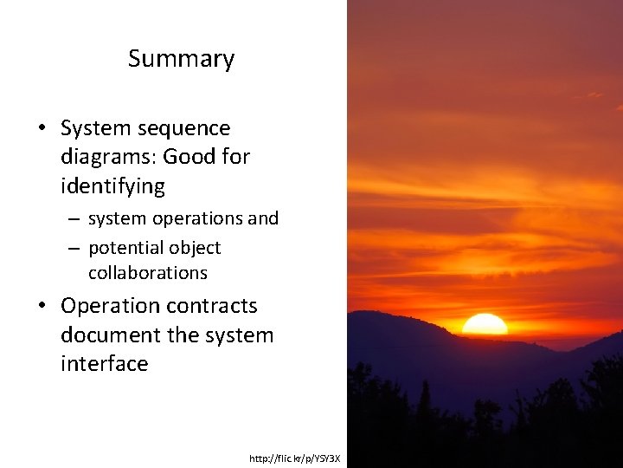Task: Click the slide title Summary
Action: [181, 59]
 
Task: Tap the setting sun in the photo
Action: [485, 325]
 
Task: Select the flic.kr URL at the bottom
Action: [295, 458]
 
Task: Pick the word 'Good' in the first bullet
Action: [189, 157]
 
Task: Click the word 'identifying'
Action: [112, 185]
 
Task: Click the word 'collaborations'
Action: [148, 272]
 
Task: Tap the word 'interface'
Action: [104, 363]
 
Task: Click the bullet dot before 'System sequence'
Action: [42, 129]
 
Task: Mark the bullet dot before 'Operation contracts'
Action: [42, 307]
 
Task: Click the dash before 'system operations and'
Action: [74, 219]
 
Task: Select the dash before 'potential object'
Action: [74, 249]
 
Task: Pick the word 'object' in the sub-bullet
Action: [194, 248]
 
